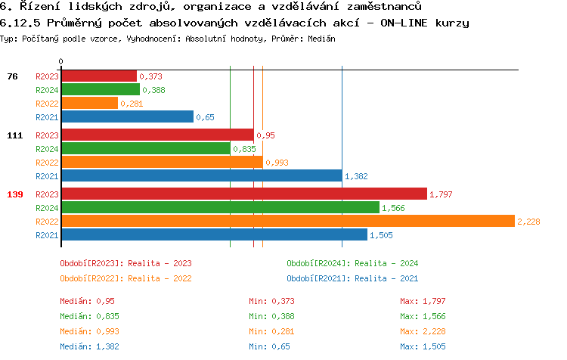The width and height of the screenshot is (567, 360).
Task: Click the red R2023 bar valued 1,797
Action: [x=243, y=194]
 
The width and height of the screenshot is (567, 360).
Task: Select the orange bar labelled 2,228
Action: [x=287, y=221]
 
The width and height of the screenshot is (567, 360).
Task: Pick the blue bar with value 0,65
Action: [x=127, y=116]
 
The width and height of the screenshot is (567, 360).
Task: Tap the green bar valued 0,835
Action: [x=145, y=148]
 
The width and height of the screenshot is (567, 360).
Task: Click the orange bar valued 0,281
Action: [x=89, y=103]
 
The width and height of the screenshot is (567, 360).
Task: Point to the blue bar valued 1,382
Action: [x=201, y=175]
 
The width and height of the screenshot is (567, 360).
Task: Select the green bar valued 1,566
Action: [x=220, y=207]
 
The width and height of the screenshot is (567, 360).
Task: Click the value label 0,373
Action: [x=151, y=76]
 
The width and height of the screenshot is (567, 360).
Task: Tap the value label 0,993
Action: [x=277, y=163]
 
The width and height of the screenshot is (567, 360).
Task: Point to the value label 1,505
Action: [x=381, y=235]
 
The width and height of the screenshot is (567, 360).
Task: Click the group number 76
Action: [x=12, y=76]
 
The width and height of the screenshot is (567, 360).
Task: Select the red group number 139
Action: [x=15, y=194]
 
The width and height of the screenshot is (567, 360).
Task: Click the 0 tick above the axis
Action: [x=61, y=61]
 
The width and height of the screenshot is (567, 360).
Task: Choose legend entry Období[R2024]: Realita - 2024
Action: [x=352, y=263]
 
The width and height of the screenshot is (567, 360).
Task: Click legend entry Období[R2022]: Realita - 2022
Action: [x=125, y=278]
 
